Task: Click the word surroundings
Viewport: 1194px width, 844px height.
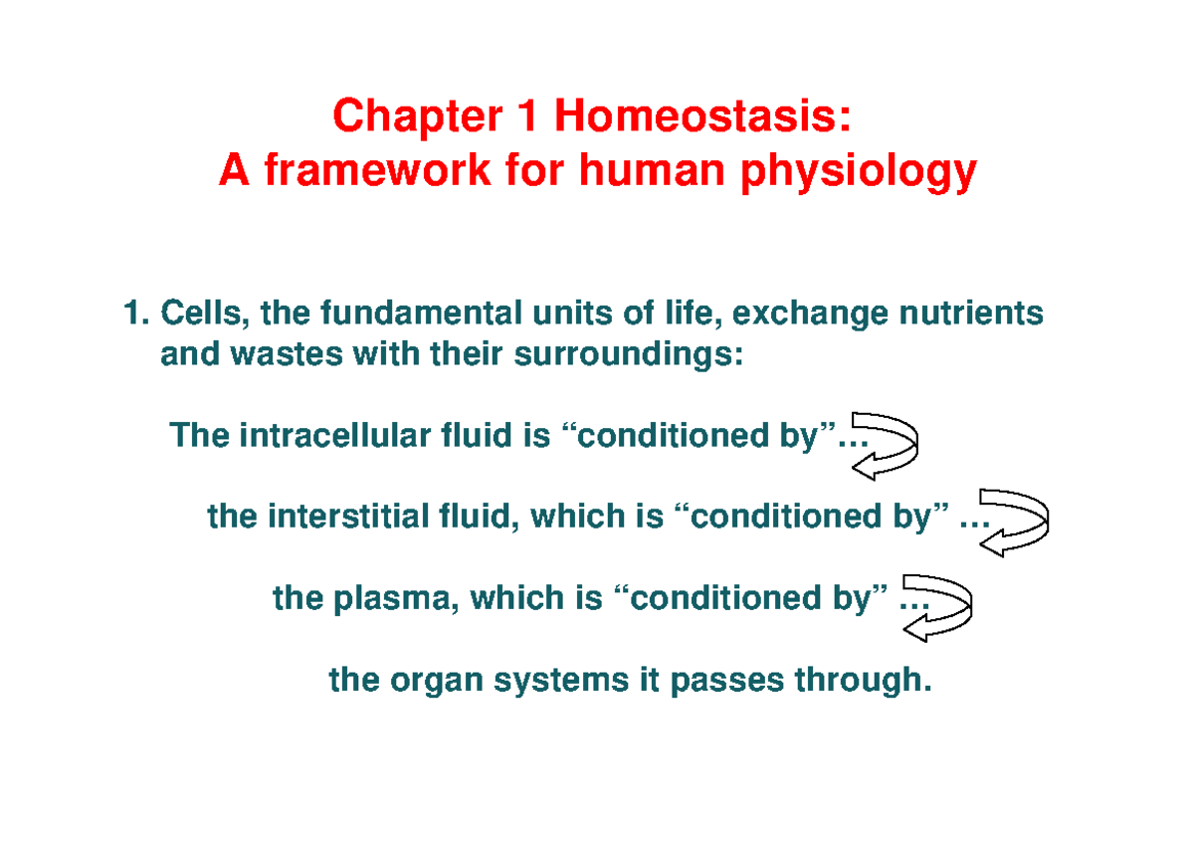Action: [629, 355]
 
